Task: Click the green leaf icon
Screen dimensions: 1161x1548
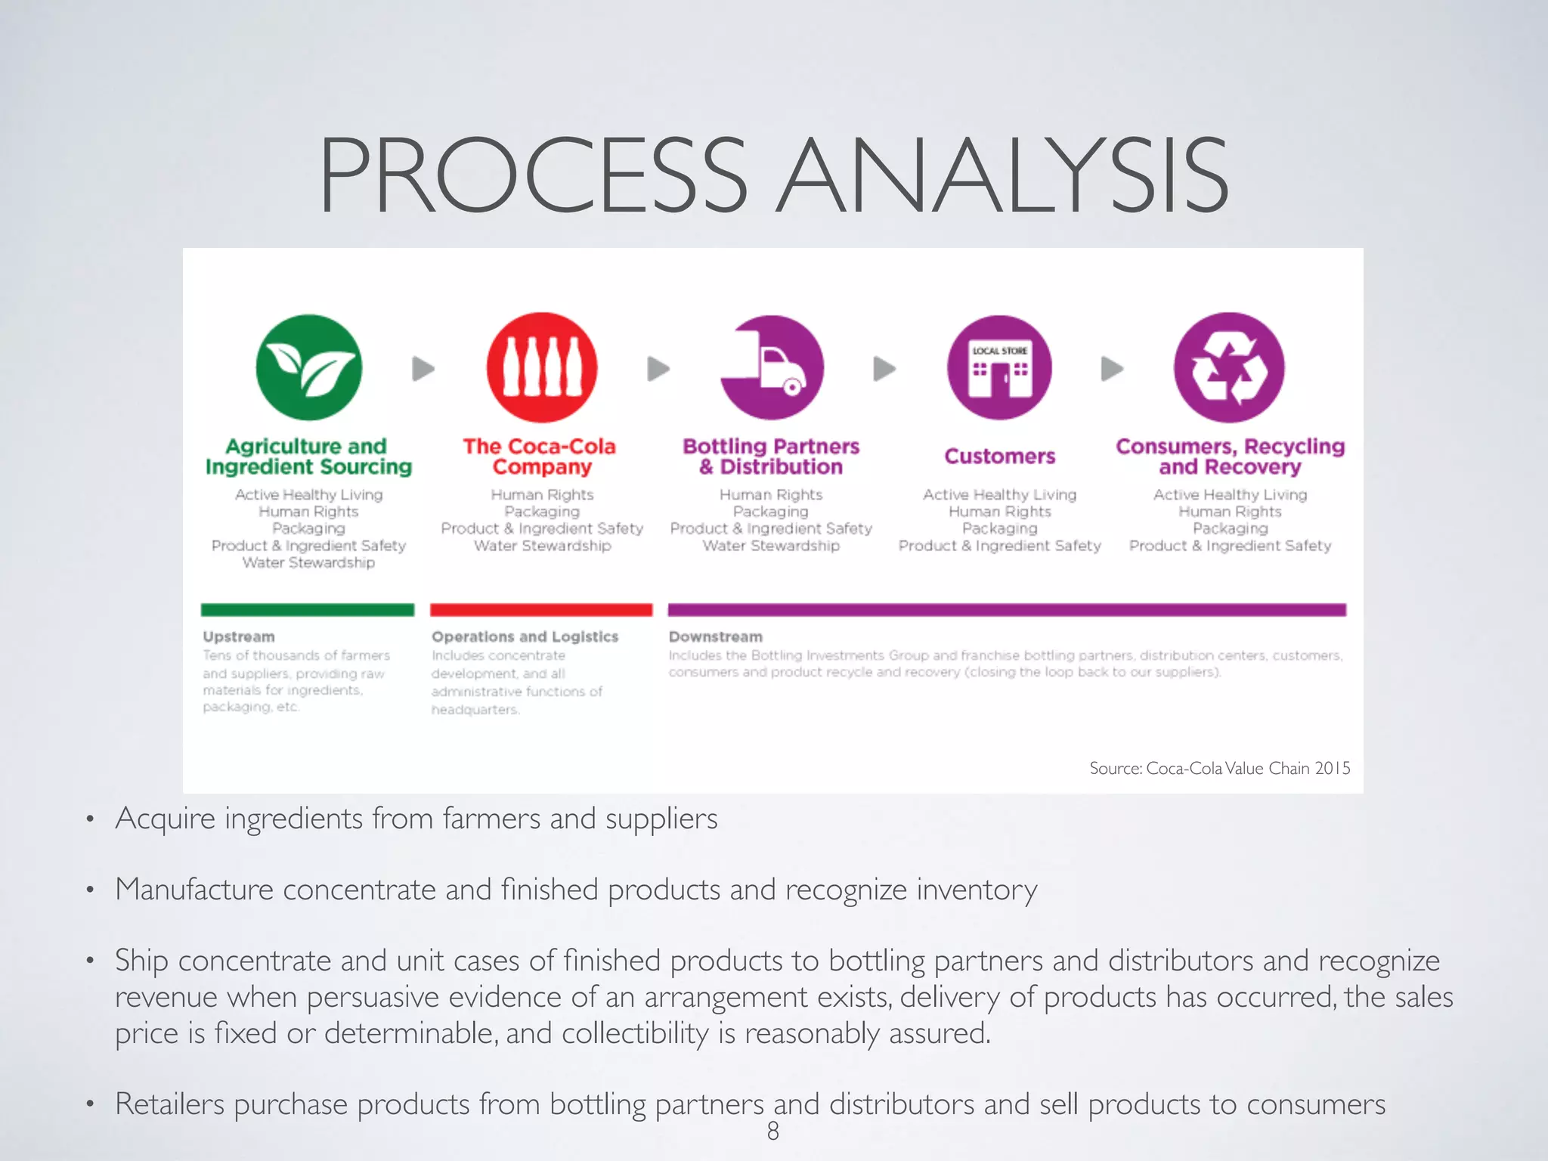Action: [x=308, y=367]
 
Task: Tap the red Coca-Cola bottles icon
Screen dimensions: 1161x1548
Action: [x=542, y=367]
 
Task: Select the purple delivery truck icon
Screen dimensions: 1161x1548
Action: [x=772, y=367]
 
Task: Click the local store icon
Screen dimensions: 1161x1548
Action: [x=999, y=367]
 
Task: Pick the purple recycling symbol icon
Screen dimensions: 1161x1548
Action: [x=1229, y=367]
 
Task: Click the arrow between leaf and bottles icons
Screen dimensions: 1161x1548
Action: [x=423, y=369]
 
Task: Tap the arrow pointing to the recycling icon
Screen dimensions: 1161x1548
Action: [x=1112, y=369]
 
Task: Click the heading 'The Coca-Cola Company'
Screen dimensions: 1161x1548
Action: [x=540, y=457]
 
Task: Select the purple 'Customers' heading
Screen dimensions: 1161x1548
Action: [x=999, y=457]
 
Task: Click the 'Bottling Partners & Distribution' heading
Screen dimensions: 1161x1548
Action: [x=771, y=457]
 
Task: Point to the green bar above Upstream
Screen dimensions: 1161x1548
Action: [x=308, y=610]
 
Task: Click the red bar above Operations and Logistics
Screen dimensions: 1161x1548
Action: [x=541, y=610]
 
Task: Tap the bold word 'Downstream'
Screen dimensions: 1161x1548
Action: [x=715, y=637]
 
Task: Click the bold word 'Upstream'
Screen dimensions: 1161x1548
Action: [x=239, y=637]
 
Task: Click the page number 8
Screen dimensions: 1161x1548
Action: [x=773, y=1131]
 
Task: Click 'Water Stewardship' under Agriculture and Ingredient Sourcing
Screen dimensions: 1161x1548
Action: [x=308, y=562]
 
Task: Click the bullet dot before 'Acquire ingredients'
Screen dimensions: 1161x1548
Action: [x=90, y=819]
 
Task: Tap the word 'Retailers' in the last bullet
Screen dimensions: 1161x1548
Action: [x=170, y=1104]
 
